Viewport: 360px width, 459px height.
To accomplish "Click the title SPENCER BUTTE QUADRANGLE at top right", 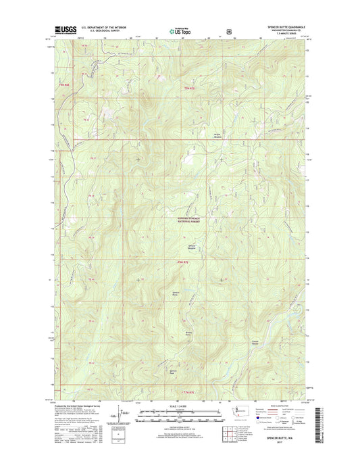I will [x=285, y=27].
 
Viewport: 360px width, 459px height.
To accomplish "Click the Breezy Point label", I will [x=190, y=333].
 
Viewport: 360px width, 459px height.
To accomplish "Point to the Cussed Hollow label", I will [x=255, y=341].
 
